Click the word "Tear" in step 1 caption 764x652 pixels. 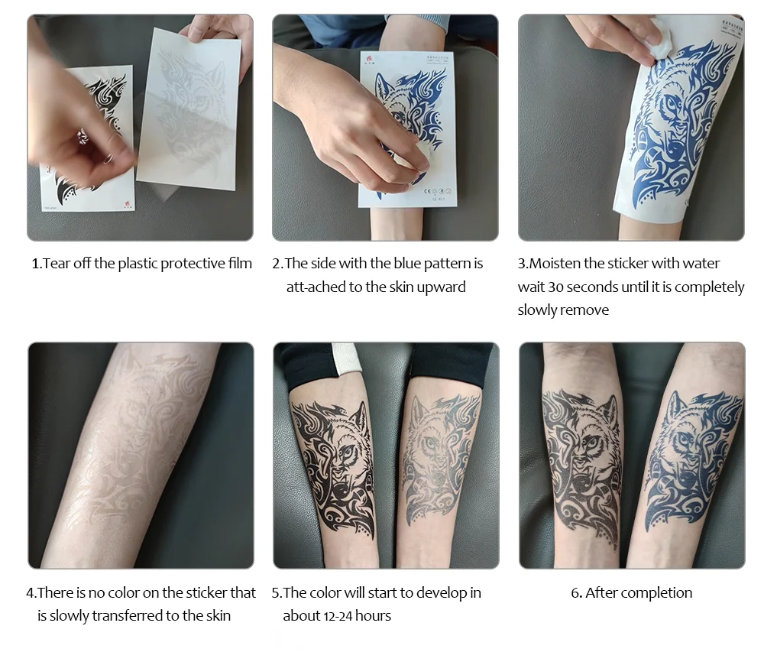pyautogui.click(x=57, y=264)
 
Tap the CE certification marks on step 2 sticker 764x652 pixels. pyautogui.click(x=437, y=192)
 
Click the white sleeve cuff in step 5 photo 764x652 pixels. pyautogui.click(x=346, y=361)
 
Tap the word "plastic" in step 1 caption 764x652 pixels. pyautogui.click(x=138, y=264)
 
